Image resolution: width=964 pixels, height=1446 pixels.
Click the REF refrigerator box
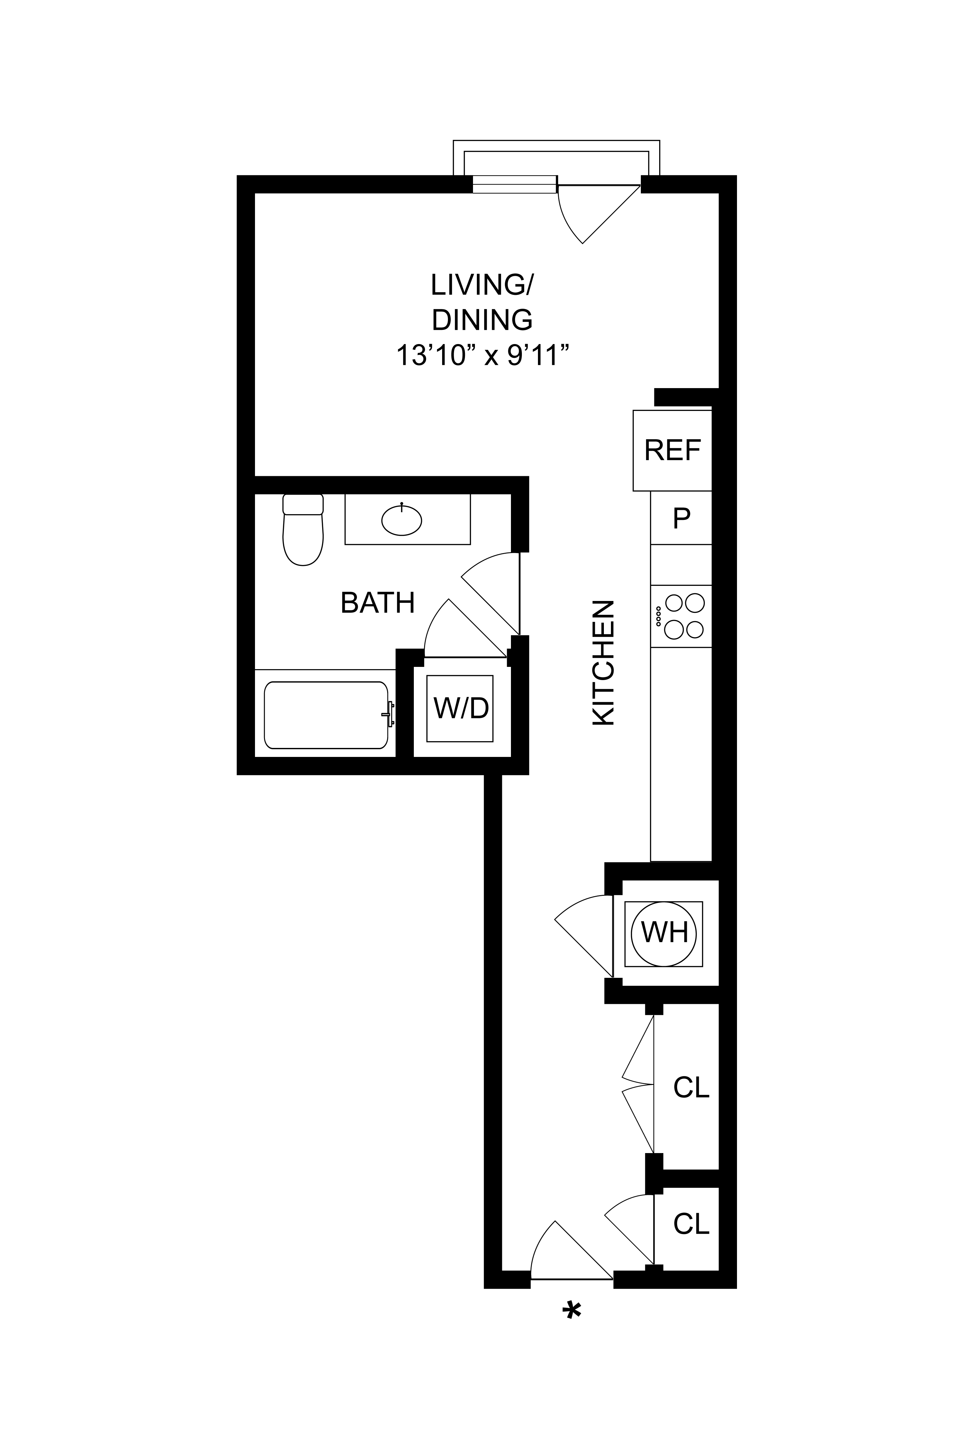[x=672, y=450]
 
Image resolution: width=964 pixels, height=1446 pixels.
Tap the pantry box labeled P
[x=681, y=518]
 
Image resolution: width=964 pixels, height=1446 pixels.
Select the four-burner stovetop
[x=681, y=616]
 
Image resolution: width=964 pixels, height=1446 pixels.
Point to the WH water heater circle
[x=664, y=932]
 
